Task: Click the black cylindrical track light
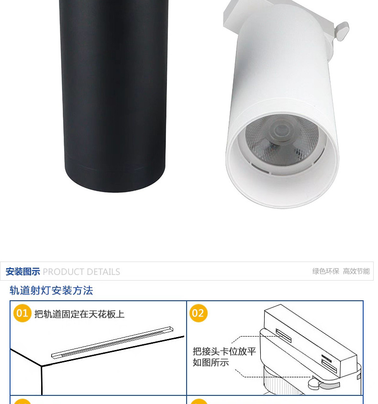(113, 95)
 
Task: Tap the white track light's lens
(282, 140)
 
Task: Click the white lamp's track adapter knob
(341, 31)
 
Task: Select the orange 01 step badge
(22, 313)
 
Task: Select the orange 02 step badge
(198, 313)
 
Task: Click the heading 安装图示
(22, 272)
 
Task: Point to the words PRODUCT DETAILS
(81, 272)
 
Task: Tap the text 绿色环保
(326, 271)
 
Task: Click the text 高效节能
(356, 271)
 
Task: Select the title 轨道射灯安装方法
(51, 290)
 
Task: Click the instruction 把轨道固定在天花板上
(79, 314)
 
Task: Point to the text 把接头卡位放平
(224, 351)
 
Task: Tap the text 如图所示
(211, 362)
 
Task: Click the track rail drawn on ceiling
(112, 342)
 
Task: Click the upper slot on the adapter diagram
(283, 336)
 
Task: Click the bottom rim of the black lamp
(115, 180)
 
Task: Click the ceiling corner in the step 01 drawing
(42, 366)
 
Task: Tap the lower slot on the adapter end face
(329, 366)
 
